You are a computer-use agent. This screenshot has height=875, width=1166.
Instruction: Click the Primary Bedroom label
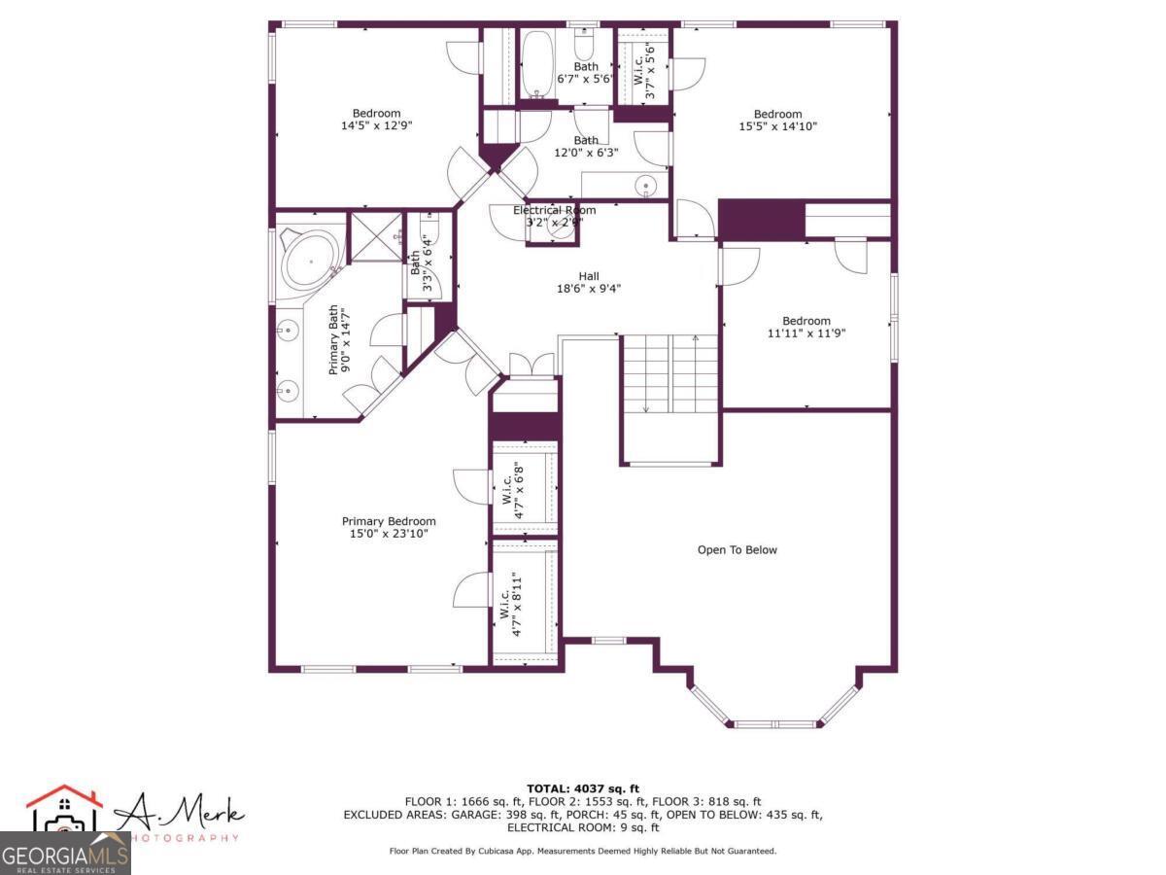point(389,521)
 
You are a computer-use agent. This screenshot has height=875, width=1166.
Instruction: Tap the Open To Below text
point(737,550)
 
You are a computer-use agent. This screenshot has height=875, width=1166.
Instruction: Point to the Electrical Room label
point(554,210)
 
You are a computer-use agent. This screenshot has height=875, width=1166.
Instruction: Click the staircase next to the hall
point(669,374)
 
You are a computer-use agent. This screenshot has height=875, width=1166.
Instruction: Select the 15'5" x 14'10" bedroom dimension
point(777,125)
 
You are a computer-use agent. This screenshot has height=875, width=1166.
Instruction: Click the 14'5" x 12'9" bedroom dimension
point(376,125)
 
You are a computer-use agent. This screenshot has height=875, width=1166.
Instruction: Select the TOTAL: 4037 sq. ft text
point(582,788)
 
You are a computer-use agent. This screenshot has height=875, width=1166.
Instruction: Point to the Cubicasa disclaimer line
point(582,851)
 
